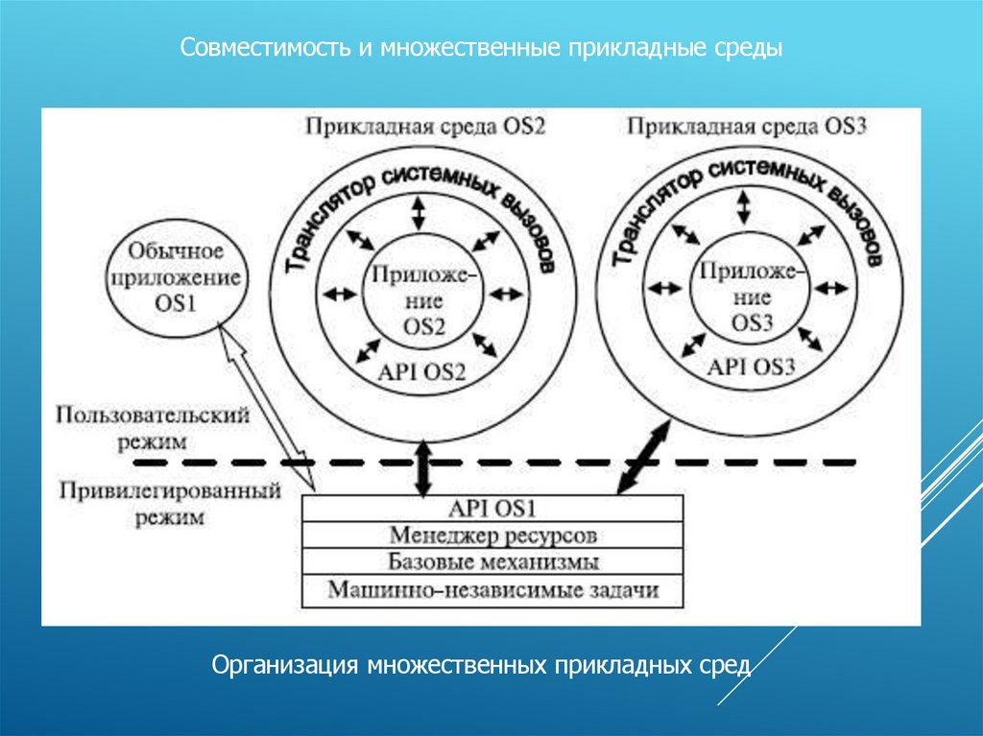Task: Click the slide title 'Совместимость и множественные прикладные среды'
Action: click(x=483, y=47)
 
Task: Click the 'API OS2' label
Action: click(x=422, y=371)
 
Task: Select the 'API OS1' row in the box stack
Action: click(x=493, y=508)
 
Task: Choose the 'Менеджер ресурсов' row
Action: click(x=493, y=534)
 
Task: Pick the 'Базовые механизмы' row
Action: click(x=493, y=561)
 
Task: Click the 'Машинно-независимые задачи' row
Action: click(x=493, y=589)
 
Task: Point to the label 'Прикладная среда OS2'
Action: click(x=424, y=127)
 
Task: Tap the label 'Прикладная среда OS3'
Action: click(x=746, y=127)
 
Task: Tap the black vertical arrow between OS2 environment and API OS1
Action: click(x=422, y=465)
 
